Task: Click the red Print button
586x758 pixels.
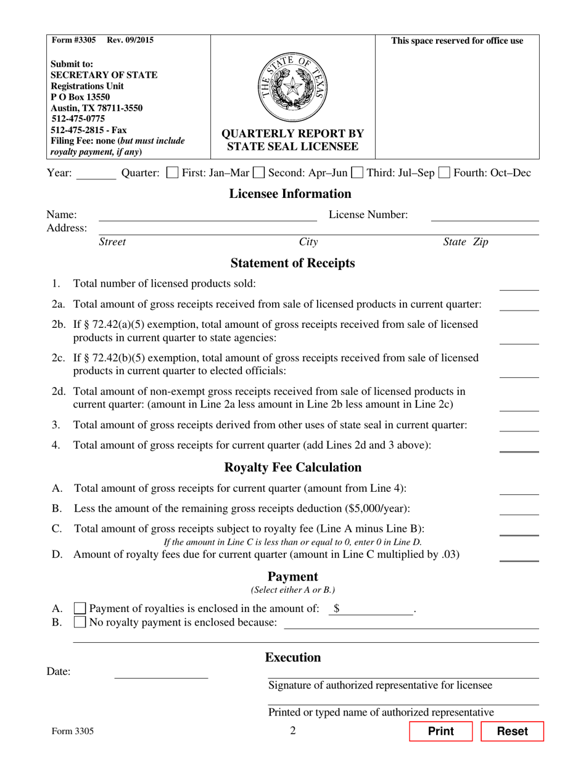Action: tap(440, 731)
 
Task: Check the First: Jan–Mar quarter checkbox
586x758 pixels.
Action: tap(173, 173)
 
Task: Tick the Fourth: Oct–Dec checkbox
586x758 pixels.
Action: tap(444, 173)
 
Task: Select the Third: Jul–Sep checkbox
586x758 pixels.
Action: tap(357, 173)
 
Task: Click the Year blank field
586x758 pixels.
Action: tap(96, 174)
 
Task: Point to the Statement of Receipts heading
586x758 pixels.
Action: tap(292, 264)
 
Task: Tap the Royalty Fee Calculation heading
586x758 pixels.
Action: tap(292, 467)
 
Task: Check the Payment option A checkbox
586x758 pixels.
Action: tap(80, 608)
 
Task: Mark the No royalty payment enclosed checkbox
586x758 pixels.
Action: tap(80, 622)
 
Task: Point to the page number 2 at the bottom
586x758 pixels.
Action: tap(293, 732)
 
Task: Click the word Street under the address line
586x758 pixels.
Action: tap(112, 242)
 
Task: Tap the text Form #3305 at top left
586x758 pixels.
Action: tap(74, 41)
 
